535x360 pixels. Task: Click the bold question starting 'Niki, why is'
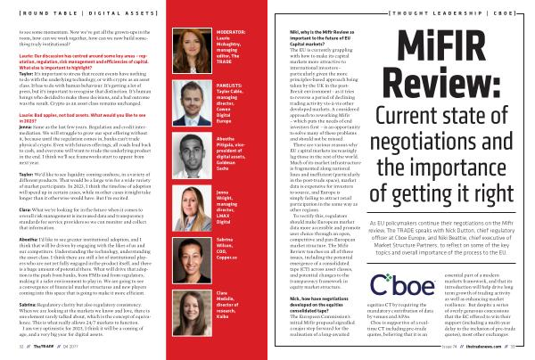tap(315, 37)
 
